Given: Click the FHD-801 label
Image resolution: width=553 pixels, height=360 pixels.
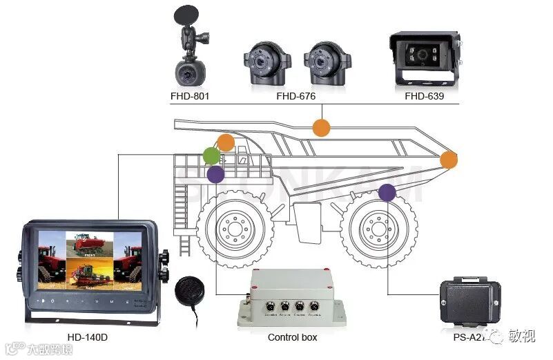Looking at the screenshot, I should [x=190, y=96].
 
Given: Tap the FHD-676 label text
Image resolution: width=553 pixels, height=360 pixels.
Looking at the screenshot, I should [x=295, y=96].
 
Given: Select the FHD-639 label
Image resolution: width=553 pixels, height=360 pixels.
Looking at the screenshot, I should [x=424, y=96].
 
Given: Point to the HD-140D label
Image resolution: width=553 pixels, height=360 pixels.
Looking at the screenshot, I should [x=87, y=337].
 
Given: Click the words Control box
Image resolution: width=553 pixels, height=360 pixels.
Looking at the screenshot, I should [x=292, y=337].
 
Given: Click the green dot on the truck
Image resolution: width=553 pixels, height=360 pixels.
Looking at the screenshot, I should [x=212, y=155].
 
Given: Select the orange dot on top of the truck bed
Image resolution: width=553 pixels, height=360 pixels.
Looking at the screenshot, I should [x=321, y=127].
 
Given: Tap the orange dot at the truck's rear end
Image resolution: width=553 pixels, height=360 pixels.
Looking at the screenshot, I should [x=449, y=160].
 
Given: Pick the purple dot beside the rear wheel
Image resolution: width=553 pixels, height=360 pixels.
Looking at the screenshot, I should [x=387, y=193].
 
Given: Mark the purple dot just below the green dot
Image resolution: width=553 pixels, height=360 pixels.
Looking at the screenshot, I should [x=215, y=174].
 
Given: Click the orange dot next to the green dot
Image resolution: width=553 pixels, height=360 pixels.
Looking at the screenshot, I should [x=226, y=143].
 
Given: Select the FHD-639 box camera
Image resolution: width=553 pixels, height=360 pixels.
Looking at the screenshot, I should [x=424, y=59].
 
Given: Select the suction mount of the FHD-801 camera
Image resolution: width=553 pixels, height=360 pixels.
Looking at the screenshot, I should [x=187, y=15].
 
